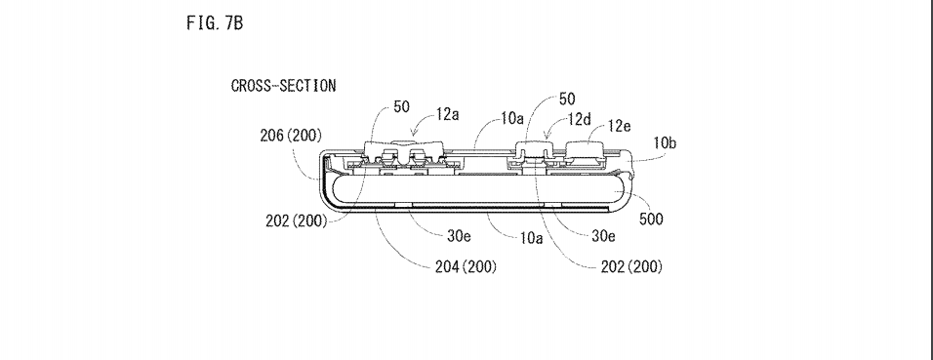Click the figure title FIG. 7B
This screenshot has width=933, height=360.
click(x=215, y=23)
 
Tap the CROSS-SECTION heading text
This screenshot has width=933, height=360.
click(x=283, y=86)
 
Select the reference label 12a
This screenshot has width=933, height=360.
click(x=447, y=114)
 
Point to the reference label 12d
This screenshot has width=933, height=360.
click(x=579, y=120)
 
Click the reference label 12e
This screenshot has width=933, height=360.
click(x=619, y=126)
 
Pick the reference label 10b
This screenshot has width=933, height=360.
click(x=665, y=142)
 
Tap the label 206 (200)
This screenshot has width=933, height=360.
click(x=291, y=136)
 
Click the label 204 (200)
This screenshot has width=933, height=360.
click(x=466, y=266)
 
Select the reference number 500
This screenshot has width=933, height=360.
click(x=651, y=219)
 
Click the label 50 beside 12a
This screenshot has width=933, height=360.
click(x=402, y=107)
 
